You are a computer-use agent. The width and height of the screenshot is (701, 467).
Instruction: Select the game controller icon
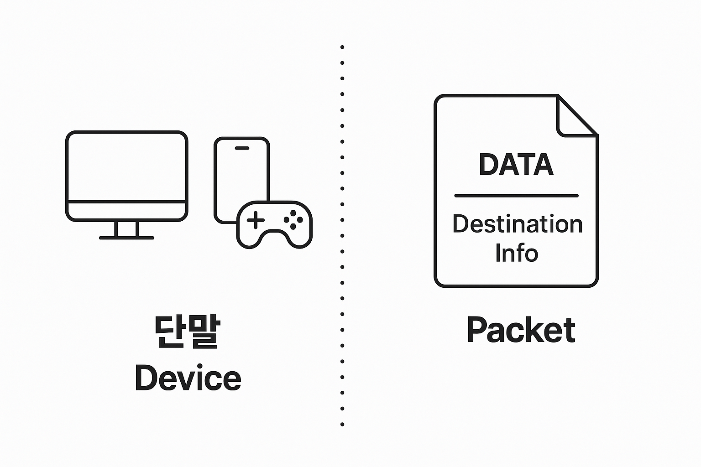[x=274, y=224]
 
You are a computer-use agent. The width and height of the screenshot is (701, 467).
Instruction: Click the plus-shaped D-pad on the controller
[x=255, y=221]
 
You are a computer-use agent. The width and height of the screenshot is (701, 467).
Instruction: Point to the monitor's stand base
[x=126, y=238]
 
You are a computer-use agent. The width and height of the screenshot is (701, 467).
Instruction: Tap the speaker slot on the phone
[x=241, y=148]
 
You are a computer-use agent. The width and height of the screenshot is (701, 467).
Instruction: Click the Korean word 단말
[x=187, y=332]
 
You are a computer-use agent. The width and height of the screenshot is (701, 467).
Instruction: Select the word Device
[x=188, y=378]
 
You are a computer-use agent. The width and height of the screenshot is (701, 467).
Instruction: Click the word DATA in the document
[x=516, y=165]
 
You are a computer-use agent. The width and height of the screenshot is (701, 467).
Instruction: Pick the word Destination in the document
[x=518, y=224]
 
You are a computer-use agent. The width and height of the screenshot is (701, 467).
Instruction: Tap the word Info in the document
[x=517, y=253]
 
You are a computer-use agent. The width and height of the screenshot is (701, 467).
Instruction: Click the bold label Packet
[x=521, y=330]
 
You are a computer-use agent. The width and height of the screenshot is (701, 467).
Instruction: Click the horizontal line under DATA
[x=516, y=196]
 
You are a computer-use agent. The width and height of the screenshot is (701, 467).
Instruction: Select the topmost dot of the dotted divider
[x=342, y=47]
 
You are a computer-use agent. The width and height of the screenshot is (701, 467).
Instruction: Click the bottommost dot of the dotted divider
[x=342, y=424]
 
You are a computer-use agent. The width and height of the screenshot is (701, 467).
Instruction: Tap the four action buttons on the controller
[x=293, y=219]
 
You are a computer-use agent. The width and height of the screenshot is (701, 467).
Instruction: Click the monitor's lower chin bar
[x=126, y=210]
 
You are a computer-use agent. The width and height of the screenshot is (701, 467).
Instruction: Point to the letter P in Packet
[x=476, y=330]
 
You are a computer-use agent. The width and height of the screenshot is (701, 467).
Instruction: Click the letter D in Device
[x=145, y=378]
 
